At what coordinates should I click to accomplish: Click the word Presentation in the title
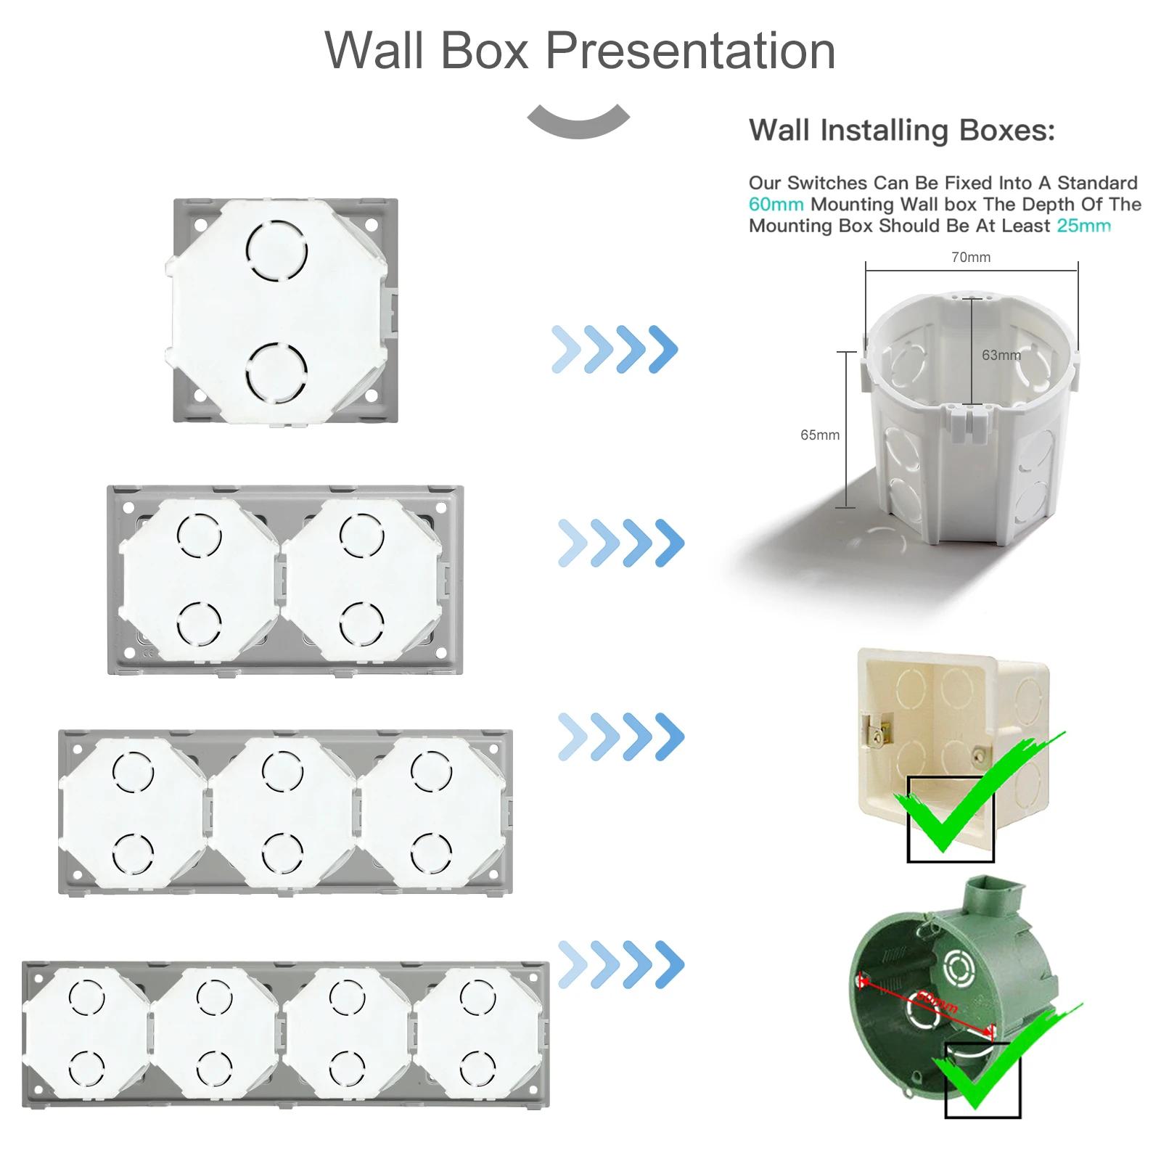(x=689, y=51)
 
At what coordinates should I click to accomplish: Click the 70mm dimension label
(x=970, y=257)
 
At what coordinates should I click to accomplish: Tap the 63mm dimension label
(x=1001, y=355)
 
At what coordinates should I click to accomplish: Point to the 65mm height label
(x=819, y=435)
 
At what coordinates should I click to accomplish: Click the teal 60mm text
(x=776, y=205)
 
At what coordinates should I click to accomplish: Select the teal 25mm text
(x=1083, y=226)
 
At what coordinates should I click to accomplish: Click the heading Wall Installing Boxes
(x=901, y=131)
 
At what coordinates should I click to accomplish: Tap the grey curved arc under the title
(x=578, y=123)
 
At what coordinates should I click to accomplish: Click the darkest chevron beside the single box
(x=662, y=349)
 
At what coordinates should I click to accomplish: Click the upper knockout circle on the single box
(x=276, y=250)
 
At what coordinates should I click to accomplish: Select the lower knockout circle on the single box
(x=276, y=372)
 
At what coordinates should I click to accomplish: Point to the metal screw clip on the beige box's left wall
(x=877, y=729)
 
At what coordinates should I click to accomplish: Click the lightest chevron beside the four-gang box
(x=573, y=964)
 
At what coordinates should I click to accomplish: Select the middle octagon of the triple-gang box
(x=282, y=812)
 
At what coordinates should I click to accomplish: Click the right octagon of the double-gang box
(x=361, y=580)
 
